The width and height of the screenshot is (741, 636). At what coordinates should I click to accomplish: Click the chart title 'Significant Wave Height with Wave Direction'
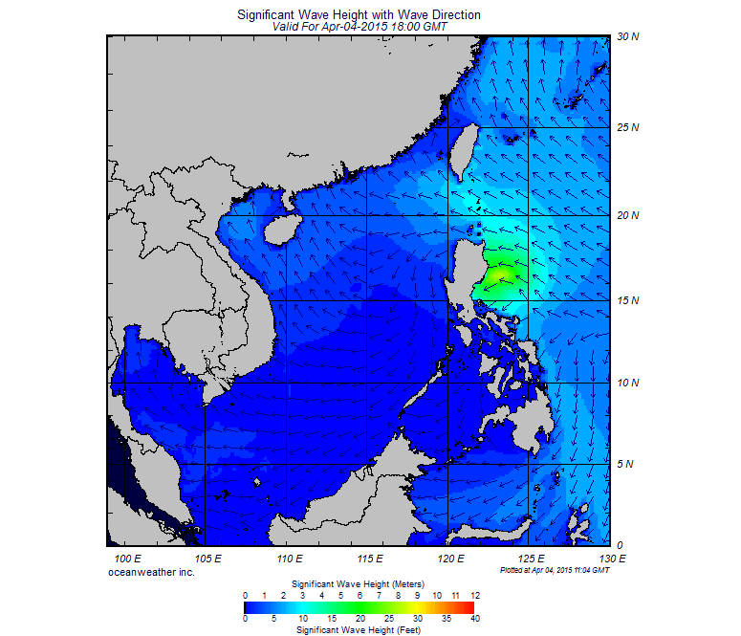pyautogui.click(x=359, y=15)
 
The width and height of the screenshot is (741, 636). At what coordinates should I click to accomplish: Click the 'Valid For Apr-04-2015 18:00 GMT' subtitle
pyautogui.click(x=359, y=28)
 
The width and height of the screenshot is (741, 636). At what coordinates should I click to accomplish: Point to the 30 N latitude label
pyautogui.click(x=627, y=36)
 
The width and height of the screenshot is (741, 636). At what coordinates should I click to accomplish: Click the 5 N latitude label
pyautogui.click(x=627, y=465)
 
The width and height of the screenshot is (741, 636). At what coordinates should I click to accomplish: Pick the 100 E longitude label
pyautogui.click(x=127, y=558)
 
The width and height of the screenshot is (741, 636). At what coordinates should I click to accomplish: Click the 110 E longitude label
pyautogui.click(x=290, y=558)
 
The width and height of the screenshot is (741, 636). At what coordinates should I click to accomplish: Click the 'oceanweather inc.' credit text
pyautogui.click(x=151, y=571)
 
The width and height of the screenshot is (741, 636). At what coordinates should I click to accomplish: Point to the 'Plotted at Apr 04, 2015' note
pyautogui.click(x=555, y=570)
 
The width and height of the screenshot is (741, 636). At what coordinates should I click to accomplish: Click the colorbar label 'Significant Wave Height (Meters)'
pyautogui.click(x=358, y=583)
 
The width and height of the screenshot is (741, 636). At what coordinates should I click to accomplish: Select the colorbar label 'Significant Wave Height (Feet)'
pyautogui.click(x=358, y=630)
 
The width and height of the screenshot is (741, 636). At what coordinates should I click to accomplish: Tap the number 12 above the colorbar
pyautogui.click(x=474, y=595)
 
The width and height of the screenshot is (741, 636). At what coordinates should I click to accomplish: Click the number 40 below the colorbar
pyautogui.click(x=474, y=619)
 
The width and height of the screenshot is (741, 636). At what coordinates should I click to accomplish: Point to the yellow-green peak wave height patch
pyautogui.click(x=500, y=277)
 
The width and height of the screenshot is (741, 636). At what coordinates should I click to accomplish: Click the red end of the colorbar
pyautogui.click(x=469, y=606)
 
